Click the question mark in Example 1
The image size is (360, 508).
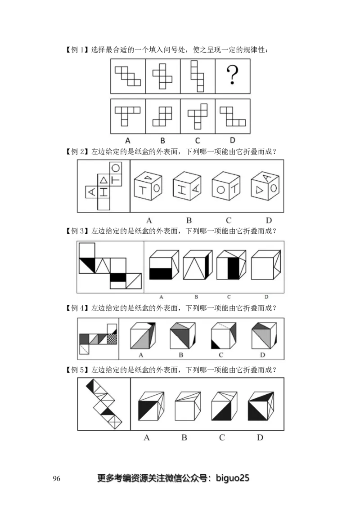(x=232, y=75)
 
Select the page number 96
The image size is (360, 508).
(x=56, y=478)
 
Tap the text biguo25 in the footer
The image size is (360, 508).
(x=233, y=478)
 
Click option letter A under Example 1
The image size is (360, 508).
(x=128, y=141)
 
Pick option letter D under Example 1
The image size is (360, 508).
(x=232, y=140)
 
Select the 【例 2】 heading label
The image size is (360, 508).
(x=77, y=152)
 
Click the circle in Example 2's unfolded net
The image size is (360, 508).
(x=116, y=168)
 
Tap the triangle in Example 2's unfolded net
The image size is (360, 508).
(x=104, y=179)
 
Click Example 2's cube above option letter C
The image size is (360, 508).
(x=226, y=187)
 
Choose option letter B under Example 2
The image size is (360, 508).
(x=189, y=220)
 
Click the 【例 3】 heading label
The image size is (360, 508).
(x=77, y=231)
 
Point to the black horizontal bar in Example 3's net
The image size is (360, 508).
(x=118, y=277)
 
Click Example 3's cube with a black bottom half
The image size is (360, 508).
(x=164, y=264)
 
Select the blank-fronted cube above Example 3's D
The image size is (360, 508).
(x=266, y=264)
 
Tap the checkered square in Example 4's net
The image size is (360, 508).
(x=112, y=339)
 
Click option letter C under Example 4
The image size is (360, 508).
(x=221, y=355)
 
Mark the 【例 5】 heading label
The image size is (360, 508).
(x=77, y=370)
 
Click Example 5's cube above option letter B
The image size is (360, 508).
(x=188, y=406)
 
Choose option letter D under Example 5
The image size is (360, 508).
(x=260, y=437)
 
